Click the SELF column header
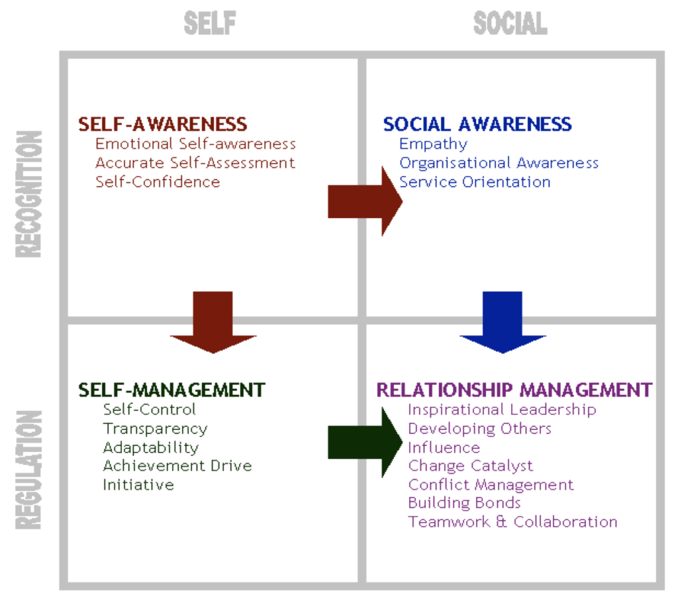209,24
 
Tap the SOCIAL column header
510,24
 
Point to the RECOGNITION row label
29,193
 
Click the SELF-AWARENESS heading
162,124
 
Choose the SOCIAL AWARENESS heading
477,124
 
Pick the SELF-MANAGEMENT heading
171,389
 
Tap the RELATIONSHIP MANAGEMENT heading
514,389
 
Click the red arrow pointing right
365,201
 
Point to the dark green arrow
365,443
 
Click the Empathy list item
433,144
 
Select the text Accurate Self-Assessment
195,162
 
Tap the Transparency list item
155,429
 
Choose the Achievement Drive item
177,466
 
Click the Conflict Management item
491,484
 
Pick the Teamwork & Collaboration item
512,521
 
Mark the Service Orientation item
475,182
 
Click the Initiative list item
138,484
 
